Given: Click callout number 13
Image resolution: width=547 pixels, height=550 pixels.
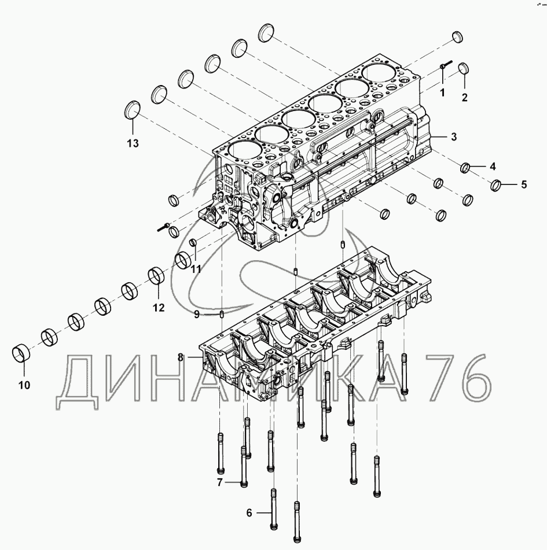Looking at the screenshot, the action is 133,143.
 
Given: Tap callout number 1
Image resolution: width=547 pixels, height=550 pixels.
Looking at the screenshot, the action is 442,93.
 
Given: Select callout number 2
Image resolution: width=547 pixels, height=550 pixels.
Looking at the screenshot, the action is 464,98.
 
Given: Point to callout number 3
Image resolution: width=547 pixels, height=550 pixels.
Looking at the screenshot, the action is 454,137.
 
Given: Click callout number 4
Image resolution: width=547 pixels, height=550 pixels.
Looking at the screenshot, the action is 493,167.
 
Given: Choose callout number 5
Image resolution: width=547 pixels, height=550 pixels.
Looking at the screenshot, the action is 524,184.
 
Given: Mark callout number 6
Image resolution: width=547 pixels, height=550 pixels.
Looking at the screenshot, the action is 249,513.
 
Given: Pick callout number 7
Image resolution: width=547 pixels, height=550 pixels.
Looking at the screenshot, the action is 220,483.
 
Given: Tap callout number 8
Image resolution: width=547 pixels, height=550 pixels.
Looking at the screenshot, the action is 181,358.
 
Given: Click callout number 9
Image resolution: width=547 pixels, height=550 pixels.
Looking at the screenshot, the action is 197,314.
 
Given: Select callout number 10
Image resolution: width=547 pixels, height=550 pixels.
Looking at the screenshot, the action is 24,386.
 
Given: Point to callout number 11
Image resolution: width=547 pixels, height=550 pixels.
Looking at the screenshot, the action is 196,269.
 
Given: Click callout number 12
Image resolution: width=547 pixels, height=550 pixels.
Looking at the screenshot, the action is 159,308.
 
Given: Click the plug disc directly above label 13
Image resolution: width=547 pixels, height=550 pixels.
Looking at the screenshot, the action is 133,110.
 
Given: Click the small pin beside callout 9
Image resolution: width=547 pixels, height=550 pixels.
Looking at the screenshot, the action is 222,314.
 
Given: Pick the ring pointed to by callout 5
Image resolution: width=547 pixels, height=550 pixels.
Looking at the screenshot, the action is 495,186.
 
